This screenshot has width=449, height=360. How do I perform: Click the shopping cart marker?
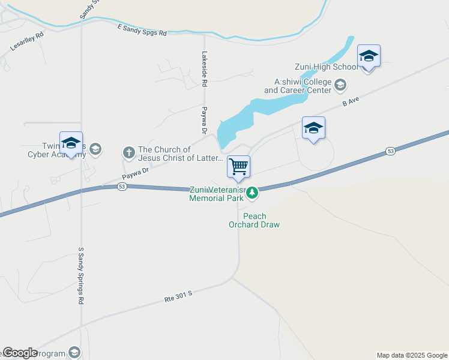(238, 167)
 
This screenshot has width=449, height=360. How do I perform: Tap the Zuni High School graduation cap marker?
(369, 56)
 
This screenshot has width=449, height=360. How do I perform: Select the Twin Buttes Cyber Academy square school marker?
(71, 143)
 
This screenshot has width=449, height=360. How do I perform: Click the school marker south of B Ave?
(313, 128)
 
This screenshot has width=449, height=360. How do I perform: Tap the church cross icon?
(128, 153)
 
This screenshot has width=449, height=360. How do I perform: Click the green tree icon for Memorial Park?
(253, 193)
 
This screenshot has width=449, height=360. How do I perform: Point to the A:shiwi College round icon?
(340, 85)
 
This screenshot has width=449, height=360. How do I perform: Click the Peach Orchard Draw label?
(255, 220)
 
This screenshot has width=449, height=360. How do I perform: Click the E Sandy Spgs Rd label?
(142, 30)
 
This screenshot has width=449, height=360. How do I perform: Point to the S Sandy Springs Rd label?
(81, 275)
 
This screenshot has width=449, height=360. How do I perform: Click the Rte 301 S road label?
(178, 296)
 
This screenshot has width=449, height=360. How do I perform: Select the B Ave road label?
(350, 103)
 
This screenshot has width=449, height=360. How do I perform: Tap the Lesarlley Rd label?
(28, 41)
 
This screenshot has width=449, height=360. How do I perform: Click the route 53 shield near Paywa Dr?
(122, 187)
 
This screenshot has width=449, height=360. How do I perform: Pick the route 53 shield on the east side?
(390, 151)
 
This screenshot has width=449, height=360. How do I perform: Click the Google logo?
(20, 353)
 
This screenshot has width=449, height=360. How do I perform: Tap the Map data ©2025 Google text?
(412, 355)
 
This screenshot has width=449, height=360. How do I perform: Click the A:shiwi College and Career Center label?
(298, 86)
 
